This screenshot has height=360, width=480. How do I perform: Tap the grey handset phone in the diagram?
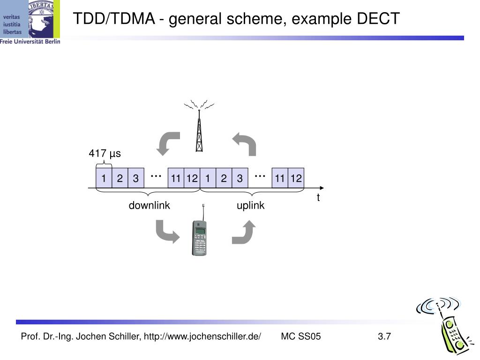click(199, 237)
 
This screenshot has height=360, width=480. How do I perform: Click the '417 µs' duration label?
click(105, 154)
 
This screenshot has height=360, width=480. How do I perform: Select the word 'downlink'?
click(150, 205)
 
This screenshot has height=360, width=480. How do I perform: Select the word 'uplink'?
click(250, 205)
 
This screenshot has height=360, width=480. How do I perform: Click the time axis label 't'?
click(318, 197)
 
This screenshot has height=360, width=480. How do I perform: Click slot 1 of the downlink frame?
click(104, 178)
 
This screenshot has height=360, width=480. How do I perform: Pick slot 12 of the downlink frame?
click(192, 178)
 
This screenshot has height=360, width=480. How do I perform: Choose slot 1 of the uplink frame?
click(208, 178)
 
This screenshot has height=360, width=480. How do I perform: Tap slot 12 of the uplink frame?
click(296, 178)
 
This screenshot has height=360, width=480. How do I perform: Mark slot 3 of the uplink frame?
click(240, 178)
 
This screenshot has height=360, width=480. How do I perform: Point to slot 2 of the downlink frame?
click(120, 178)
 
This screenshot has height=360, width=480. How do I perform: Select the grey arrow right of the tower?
click(245, 144)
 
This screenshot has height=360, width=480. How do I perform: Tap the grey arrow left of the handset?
click(167, 232)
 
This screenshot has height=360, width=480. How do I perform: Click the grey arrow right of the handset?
click(244, 232)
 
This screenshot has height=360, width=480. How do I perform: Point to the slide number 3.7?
click(384, 336)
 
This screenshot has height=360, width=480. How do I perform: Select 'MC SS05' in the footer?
click(301, 336)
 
